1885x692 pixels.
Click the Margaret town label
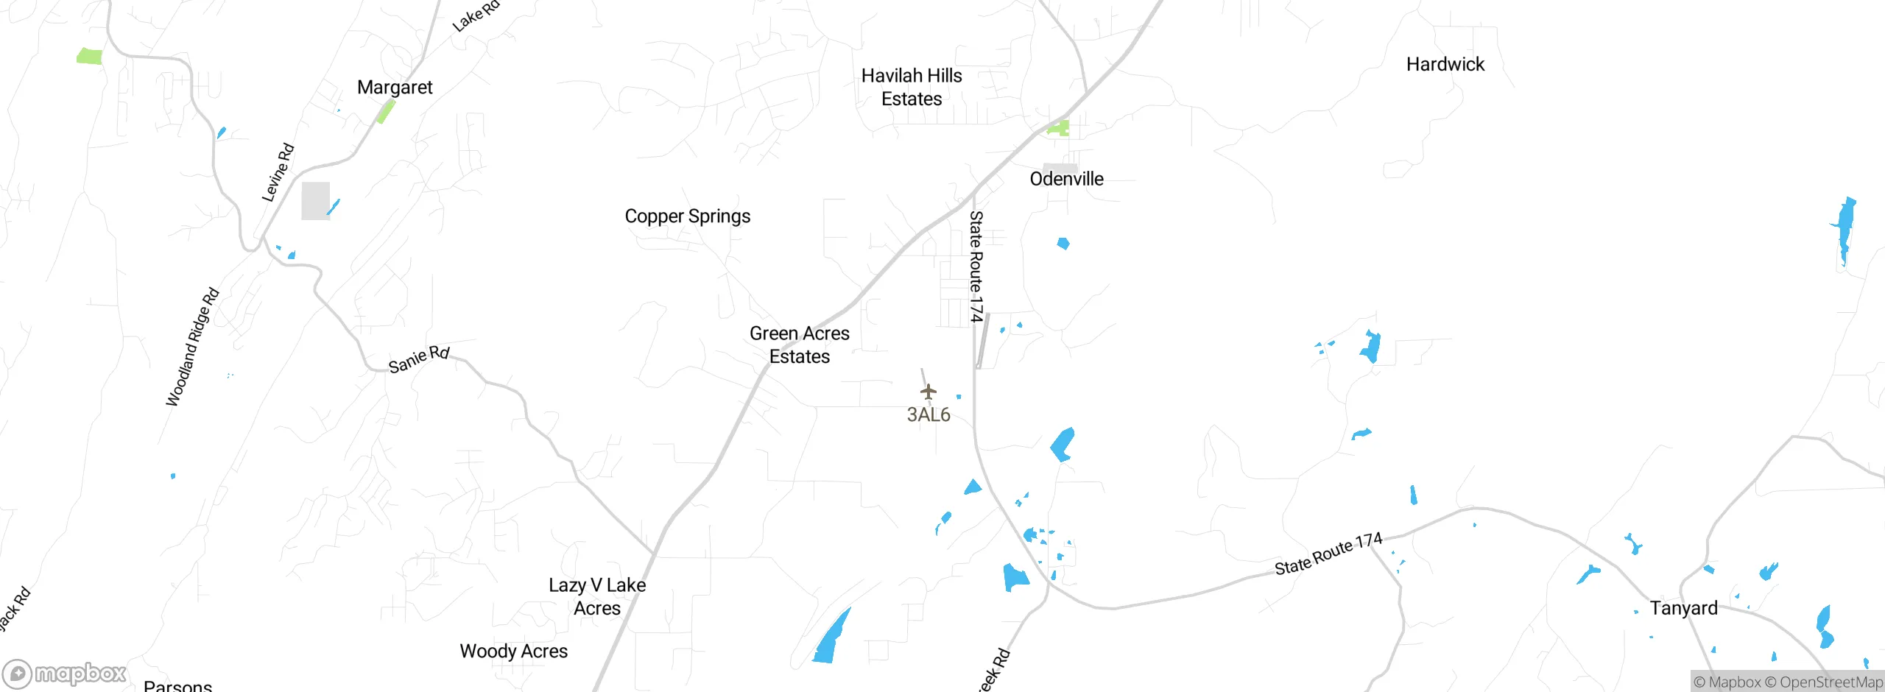[395, 88]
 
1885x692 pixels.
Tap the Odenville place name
[1066, 179]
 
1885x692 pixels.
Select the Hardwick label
[1445, 65]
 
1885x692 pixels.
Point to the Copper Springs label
[688, 216]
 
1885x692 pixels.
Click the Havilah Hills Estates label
[912, 87]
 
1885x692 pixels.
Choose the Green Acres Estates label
[800, 345]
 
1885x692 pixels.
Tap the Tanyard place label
[1683, 608]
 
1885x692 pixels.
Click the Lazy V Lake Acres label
[597, 596]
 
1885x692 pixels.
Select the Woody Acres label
[514, 652]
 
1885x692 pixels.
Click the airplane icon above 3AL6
[929, 392]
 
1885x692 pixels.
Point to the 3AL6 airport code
[929, 414]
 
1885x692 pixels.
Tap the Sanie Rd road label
[419, 359]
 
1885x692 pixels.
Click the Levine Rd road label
[278, 173]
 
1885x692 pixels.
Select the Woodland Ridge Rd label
[193, 347]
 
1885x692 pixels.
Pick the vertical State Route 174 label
[976, 266]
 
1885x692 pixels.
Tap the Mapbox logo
[65, 674]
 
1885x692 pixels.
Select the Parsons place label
[178, 685]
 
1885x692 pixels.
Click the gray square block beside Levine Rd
[315, 201]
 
